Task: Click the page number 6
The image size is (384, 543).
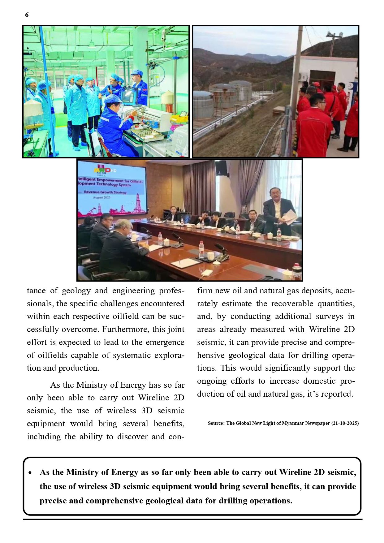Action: (27, 15)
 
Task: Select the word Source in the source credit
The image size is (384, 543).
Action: (216, 423)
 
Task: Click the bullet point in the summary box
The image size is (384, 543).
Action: (30, 473)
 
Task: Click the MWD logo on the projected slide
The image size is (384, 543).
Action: (102, 170)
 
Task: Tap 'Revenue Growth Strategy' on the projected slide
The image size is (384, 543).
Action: (105, 192)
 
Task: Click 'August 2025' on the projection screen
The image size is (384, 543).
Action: (101, 197)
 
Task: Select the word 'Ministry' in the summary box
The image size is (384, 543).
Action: (82, 472)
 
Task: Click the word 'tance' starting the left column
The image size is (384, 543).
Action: (36, 291)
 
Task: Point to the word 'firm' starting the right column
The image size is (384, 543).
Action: (205, 291)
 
